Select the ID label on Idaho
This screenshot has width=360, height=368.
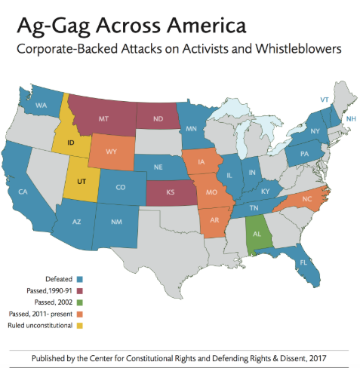[x=70, y=142]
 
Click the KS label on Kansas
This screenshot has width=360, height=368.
[x=171, y=193]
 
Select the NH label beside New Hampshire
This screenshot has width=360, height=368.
[x=349, y=119]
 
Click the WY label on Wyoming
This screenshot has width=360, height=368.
[x=112, y=152]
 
